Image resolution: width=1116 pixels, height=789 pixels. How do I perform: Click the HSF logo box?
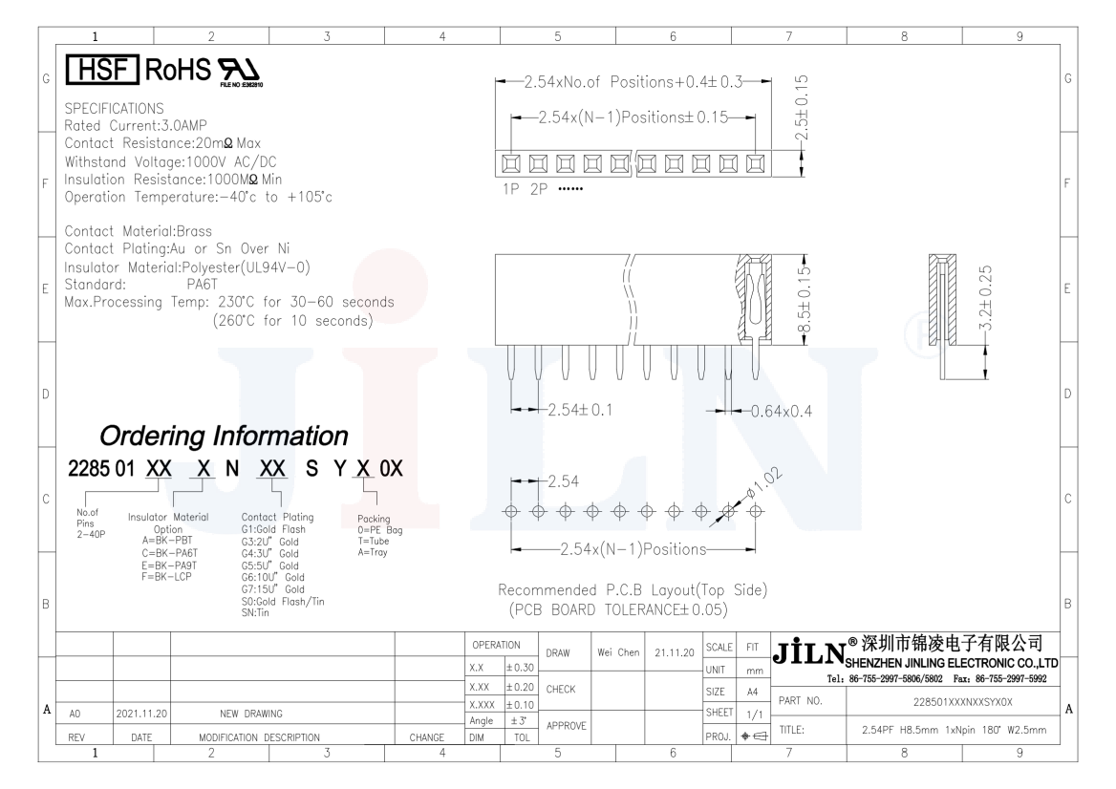102,70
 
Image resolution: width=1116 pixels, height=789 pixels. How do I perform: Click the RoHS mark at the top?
178,70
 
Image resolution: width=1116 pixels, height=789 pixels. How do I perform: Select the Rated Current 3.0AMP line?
136,126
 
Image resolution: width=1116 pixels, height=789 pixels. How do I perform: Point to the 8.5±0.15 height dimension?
804,299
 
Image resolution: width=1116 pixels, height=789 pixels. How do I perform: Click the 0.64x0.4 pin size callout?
781,412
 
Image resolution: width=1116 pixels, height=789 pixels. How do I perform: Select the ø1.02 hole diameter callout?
763,482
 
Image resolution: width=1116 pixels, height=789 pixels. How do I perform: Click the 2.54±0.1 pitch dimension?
579,410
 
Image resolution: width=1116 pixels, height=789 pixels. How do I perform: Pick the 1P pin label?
510,189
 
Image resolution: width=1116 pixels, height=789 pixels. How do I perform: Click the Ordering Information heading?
224,436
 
